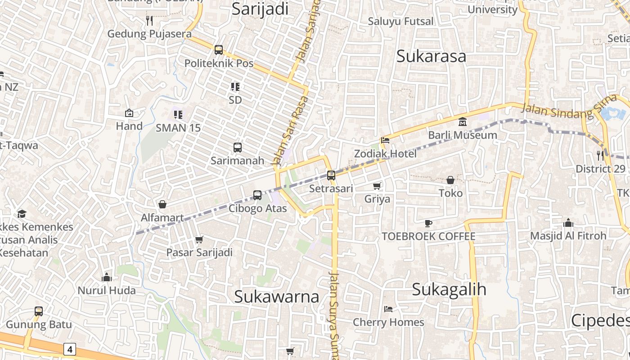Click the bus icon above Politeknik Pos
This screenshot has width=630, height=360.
click(219, 50)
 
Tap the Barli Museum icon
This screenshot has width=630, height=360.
click(463, 121)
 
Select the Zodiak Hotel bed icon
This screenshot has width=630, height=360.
click(385, 140)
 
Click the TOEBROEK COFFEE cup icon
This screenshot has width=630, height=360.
click(428, 223)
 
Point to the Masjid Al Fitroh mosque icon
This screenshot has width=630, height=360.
click(568, 223)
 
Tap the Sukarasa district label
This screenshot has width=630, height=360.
click(431, 57)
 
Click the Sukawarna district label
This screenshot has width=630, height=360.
click(277, 297)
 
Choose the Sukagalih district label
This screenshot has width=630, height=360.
click(449, 289)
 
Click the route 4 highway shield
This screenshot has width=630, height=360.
click(69, 349)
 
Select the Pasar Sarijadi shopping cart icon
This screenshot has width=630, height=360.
click(199, 239)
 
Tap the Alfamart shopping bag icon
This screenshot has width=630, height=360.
click(162, 204)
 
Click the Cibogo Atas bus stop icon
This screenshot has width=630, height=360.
click(257, 195)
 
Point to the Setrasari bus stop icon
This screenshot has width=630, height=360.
click(331, 175)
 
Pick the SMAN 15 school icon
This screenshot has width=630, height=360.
click(178, 115)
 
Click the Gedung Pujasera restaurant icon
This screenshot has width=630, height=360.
click(149, 21)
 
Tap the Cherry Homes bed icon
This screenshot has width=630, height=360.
click(388, 309)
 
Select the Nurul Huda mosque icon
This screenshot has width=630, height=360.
click(107, 277)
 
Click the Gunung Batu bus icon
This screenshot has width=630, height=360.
click(39, 311)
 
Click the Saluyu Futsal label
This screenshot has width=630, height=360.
click(400, 21)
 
